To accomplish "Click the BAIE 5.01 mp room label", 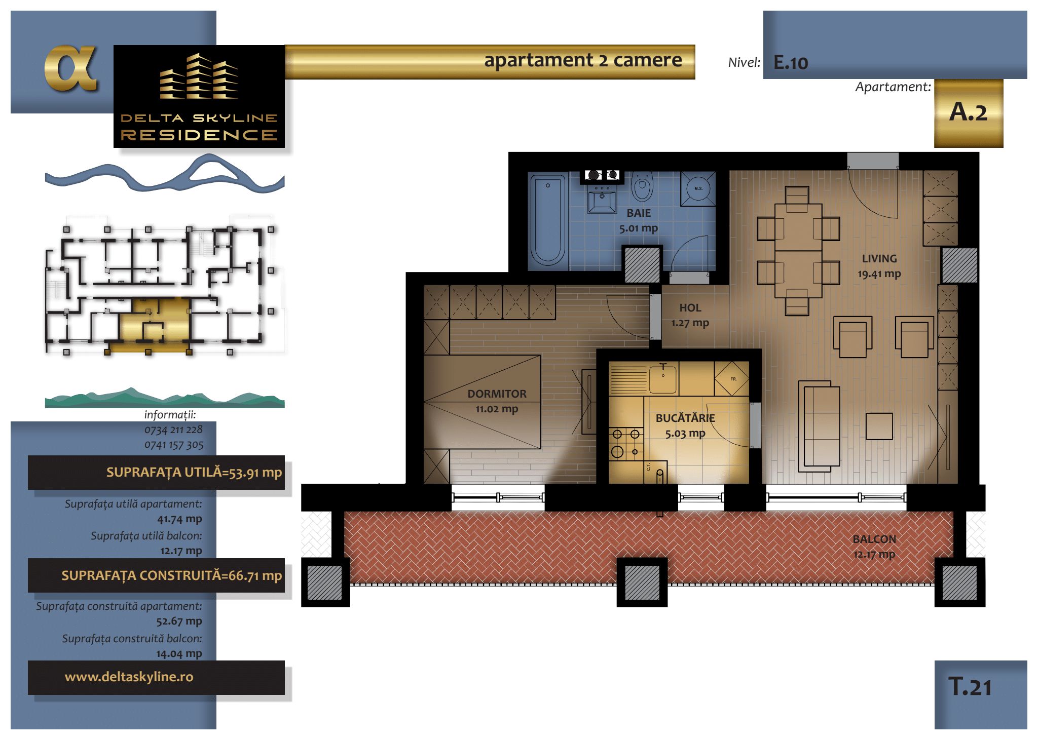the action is pyautogui.click(x=639, y=220).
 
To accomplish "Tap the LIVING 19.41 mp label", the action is pyautogui.click(x=879, y=266).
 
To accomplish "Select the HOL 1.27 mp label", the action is pyautogui.click(x=690, y=315).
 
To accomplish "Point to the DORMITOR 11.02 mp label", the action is pyautogui.click(x=497, y=401).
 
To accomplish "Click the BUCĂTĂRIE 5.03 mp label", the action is pyautogui.click(x=685, y=425).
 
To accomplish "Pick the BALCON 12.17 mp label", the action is pyautogui.click(x=874, y=547).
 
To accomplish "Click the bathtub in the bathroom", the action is pyautogui.click(x=547, y=220).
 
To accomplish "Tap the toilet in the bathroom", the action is pyautogui.click(x=642, y=186).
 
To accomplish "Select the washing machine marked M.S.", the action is pyautogui.click(x=698, y=188).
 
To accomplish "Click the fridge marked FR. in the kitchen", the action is pyautogui.click(x=731, y=378).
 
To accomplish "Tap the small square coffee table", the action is pyautogui.click(x=879, y=426).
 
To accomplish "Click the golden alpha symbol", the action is pyautogui.click(x=70, y=68).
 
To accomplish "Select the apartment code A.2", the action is pyautogui.click(x=968, y=112).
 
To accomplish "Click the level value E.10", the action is pyautogui.click(x=791, y=63).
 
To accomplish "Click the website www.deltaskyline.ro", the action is pyautogui.click(x=129, y=677).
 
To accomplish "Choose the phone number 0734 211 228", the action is pyautogui.click(x=173, y=430).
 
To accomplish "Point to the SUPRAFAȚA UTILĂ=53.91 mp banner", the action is pyautogui.click(x=156, y=473).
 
